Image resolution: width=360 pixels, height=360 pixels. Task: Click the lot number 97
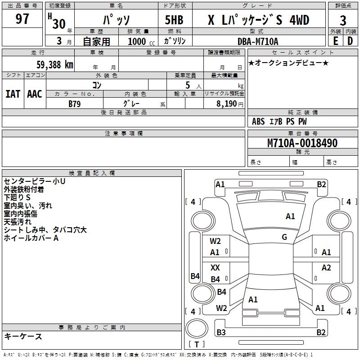tap(22, 19)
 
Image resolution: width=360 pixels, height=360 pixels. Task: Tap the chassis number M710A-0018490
tap(302, 143)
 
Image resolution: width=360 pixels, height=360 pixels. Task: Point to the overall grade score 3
tap(343, 20)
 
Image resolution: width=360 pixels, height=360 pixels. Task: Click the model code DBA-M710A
tap(258, 41)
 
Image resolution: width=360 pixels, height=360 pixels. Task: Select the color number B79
tap(75, 103)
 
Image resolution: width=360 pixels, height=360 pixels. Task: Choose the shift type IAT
tap(13, 94)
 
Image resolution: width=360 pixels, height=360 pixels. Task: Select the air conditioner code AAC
tap(35, 94)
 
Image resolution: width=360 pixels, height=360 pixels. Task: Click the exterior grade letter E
tap(335, 41)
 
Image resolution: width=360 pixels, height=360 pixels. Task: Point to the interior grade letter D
tap(350, 41)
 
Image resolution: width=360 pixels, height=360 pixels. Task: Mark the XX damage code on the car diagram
tap(215, 268)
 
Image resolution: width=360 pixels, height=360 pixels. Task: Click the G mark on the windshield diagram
tap(284, 237)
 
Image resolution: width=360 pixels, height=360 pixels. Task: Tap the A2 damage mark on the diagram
tap(326, 268)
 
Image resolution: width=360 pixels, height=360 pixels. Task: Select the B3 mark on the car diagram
tap(221, 333)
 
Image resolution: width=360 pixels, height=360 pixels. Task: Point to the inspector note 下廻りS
tap(17, 198)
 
